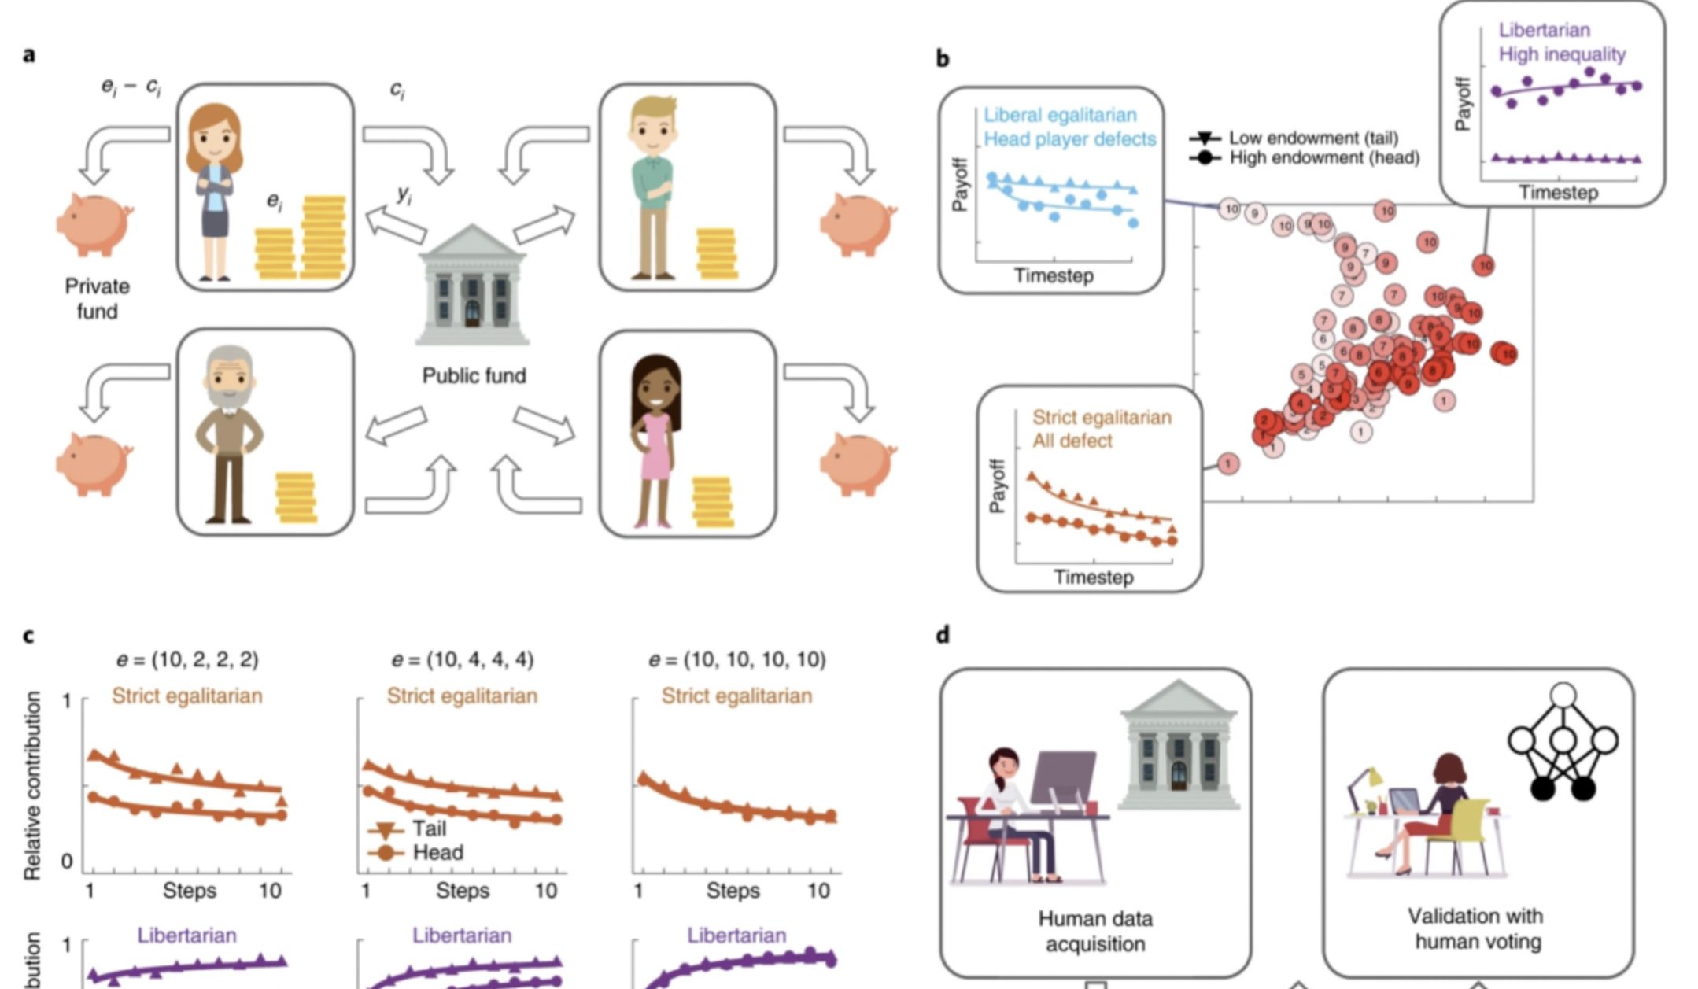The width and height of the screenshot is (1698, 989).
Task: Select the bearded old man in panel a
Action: click(229, 433)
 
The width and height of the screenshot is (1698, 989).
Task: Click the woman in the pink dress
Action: click(655, 441)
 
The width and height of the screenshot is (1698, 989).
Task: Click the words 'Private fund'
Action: click(97, 299)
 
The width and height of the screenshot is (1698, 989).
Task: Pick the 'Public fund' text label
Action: click(474, 376)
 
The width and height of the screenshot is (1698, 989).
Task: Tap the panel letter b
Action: click(942, 58)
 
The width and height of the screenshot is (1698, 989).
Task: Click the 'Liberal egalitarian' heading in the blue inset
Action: click(1060, 115)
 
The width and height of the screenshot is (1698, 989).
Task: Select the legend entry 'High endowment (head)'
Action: click(1324, 158)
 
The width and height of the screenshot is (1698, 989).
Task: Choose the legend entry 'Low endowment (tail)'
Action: click(1313, 138)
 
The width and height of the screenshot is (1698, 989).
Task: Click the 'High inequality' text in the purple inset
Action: click(1561, 54)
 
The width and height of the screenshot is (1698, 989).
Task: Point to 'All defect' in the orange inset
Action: click(1072, 441)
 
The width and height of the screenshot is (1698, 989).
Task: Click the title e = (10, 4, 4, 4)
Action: click(462, 659)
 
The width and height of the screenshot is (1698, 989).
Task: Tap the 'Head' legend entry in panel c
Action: click(437, 852)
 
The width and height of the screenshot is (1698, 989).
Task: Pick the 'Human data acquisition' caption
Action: click(1094, 931)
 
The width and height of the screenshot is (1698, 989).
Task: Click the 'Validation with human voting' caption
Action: click(1476, 928)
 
